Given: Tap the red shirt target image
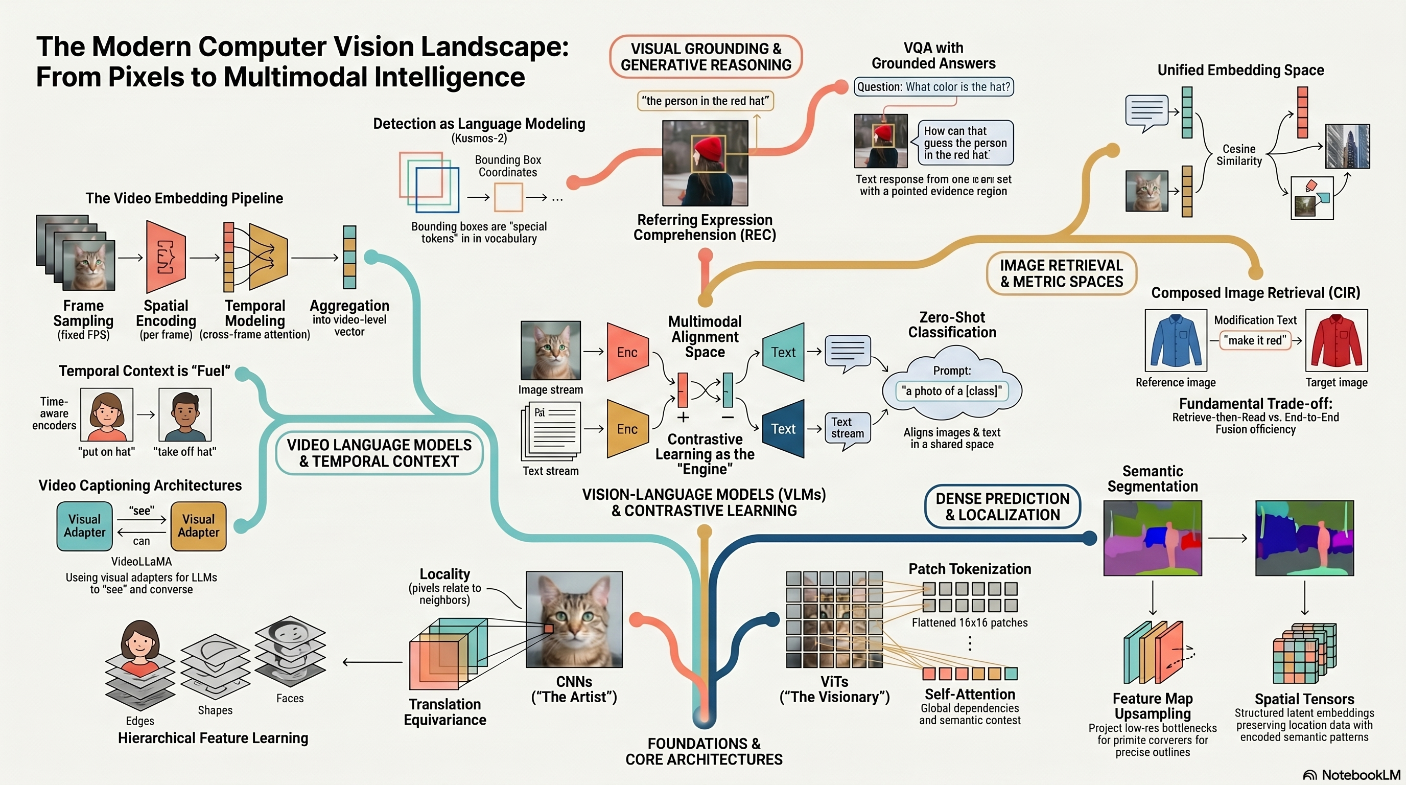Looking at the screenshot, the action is [x=1336, y=340].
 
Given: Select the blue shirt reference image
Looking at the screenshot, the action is [x=1176, y=340].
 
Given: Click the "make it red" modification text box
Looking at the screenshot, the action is [x=1255, y=340].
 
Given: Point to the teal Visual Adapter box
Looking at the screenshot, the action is [x=85, y=526].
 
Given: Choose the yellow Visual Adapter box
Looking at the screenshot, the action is [x=198, y=526].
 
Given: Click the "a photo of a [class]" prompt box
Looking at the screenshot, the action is [x=952, y=391].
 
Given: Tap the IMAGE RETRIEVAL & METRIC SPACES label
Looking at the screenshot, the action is [x=1061, y=273].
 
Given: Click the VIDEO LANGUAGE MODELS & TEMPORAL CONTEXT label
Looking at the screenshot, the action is [x=379, y=453].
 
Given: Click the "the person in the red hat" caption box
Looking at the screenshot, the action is [x=705, y=101].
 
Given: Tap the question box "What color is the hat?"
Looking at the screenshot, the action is [x=933, y=87].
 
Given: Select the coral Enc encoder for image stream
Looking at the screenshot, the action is [x=628, y=352].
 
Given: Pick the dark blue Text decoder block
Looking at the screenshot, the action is [x=783, y=428].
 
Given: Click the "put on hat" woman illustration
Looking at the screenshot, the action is [x=106, y=414].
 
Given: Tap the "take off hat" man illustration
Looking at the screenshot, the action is [x=185, y=414].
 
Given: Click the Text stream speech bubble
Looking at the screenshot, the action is [x=848, y=430].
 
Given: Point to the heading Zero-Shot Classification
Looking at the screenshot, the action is [x=952, y=325].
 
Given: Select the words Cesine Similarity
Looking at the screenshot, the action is [x=1239, y=155].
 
